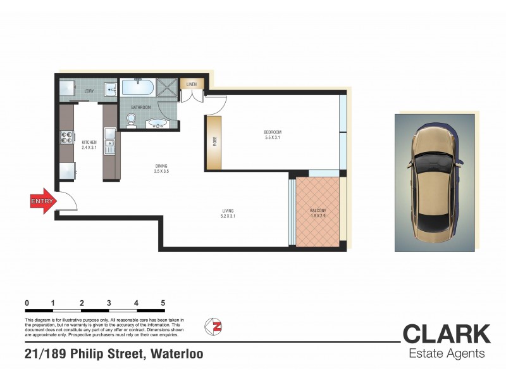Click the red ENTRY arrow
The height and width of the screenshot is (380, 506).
click(42, 201)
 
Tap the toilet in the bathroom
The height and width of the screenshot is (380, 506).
click(132, 121)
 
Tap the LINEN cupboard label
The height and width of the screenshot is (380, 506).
click(192, 84)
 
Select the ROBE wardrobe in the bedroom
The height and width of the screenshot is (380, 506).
click(214, 142)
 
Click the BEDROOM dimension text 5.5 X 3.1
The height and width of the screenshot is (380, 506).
click(271, 137)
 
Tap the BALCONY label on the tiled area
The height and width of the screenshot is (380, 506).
click(318, 211)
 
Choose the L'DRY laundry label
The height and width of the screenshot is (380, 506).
click(89, 91)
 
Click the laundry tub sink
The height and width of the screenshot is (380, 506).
click(110, 89)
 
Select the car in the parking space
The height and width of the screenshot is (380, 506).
click(435, 182)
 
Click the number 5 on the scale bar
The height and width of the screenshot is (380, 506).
click(163, 303)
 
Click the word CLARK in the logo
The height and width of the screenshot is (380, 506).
click(446, 334)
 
